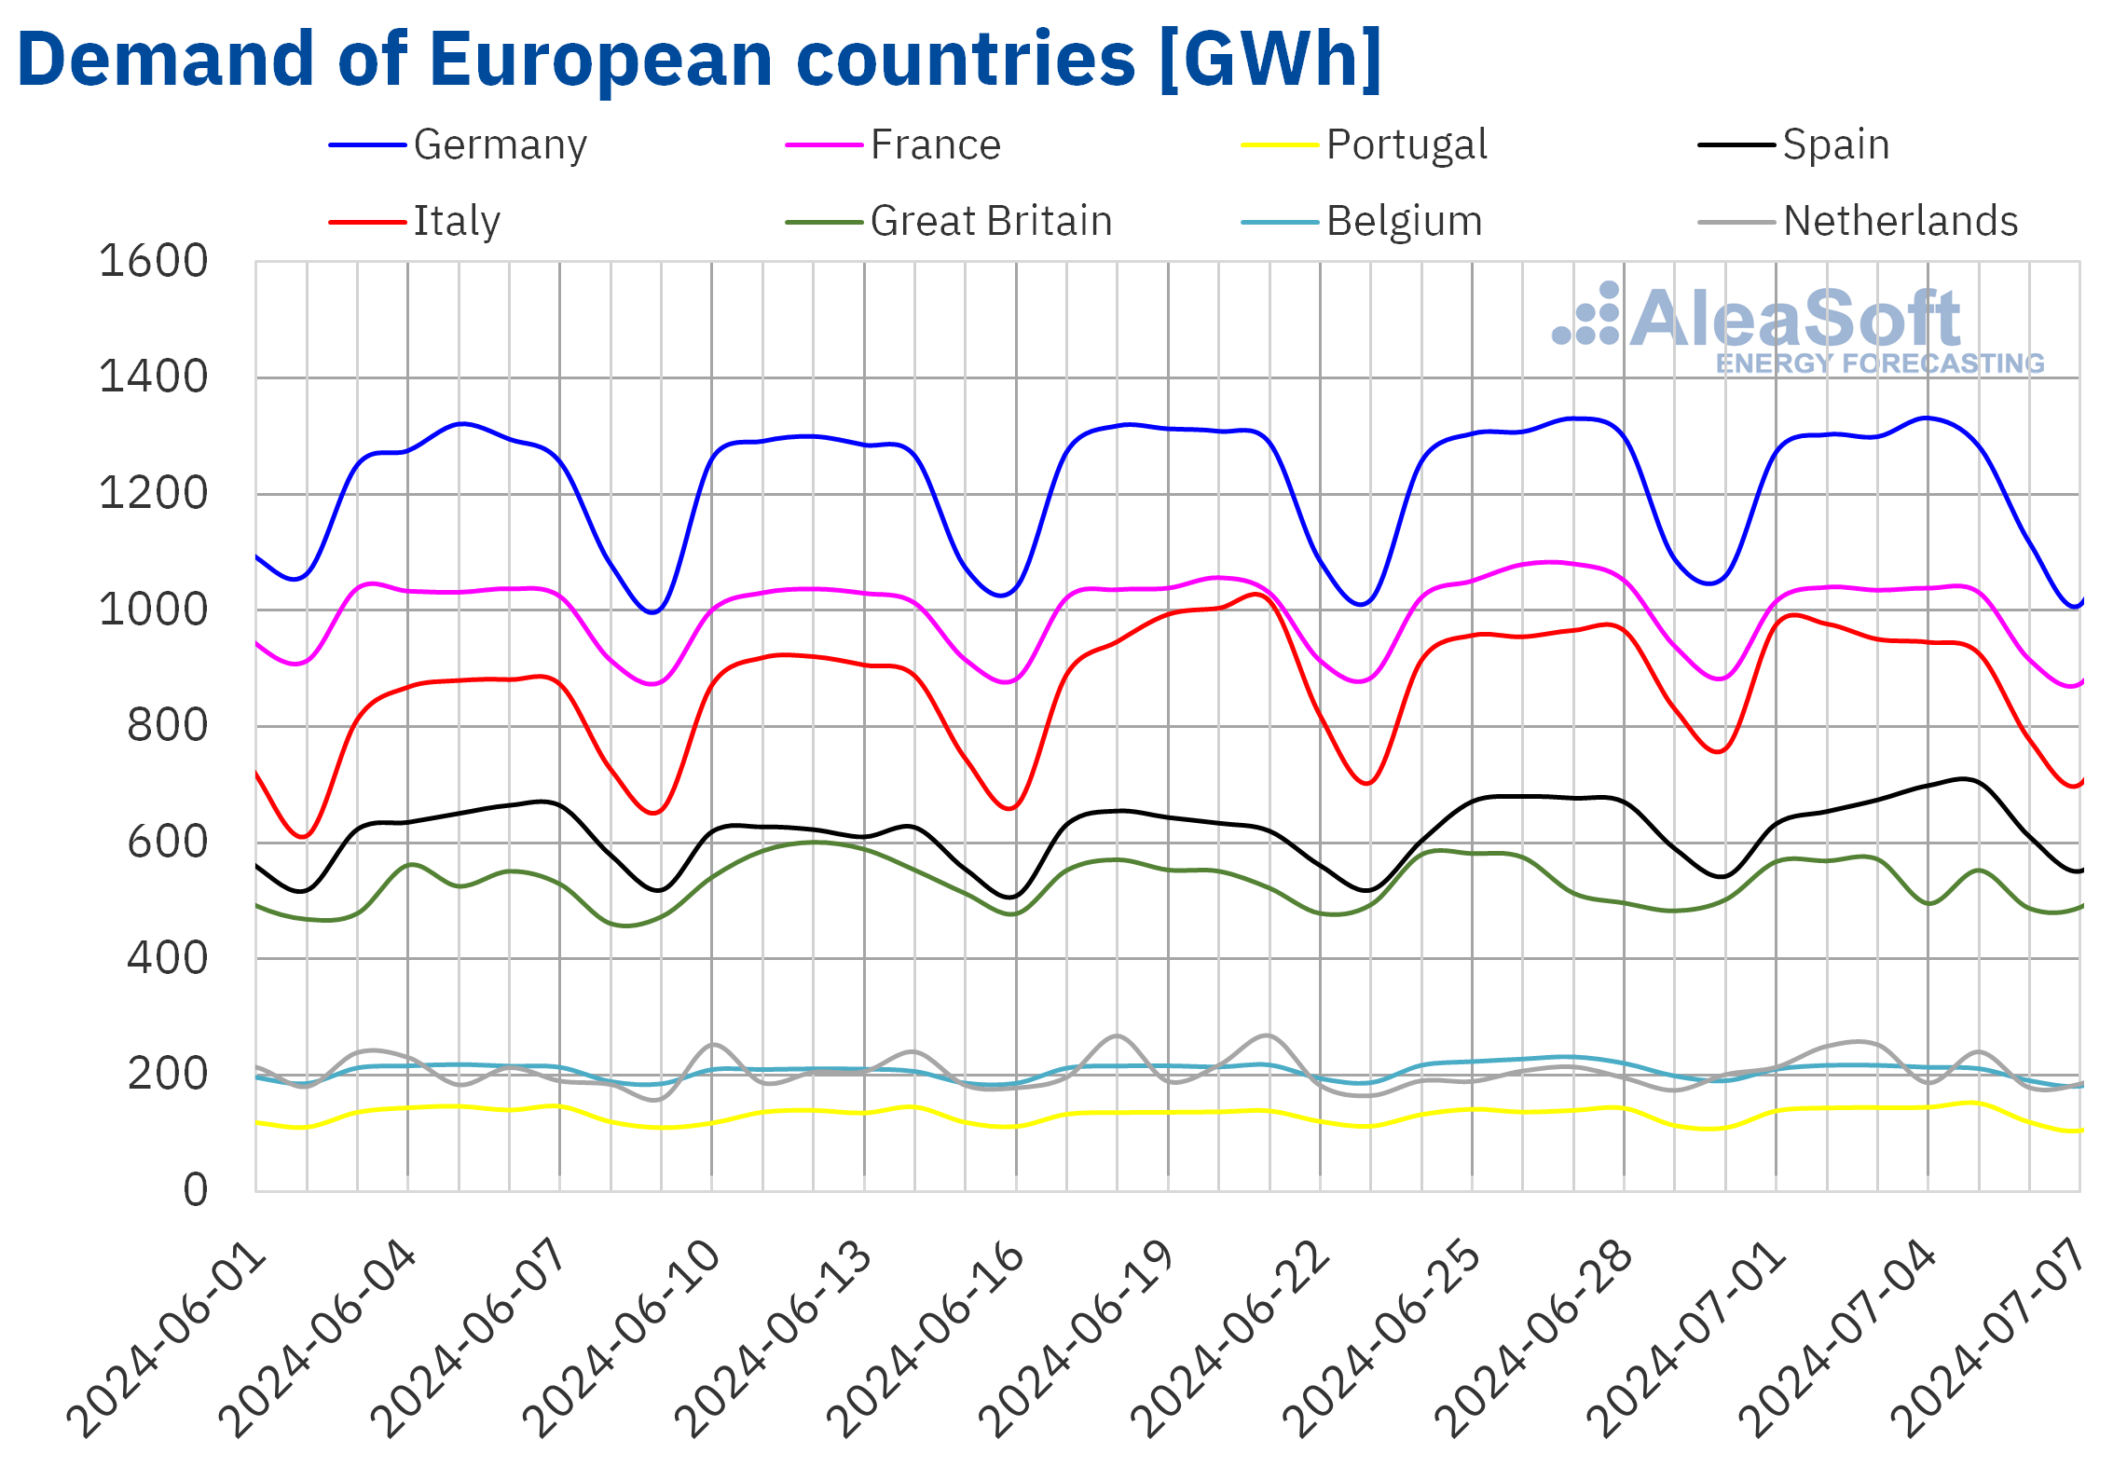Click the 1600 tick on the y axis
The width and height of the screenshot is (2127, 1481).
pyautogui.click(x=153, y=262)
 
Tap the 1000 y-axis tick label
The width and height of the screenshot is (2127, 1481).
pyautogui.click(x=153, y=610)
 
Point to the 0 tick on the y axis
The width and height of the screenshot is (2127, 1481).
pyautogui.click(x=195, y=1190)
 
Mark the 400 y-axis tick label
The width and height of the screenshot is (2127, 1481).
pyautogui.click(x=167, y=958)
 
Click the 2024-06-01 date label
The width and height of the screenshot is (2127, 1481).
pyautogui.click(x=168, y=1340)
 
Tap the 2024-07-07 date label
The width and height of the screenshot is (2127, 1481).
pyautogui.click(x=1991, y=1340)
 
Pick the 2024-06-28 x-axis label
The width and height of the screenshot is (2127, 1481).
pyautogui.click(x=1534, y=1340)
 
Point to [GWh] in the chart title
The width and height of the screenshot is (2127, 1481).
pyautogui.click(x=1269, y=60)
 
